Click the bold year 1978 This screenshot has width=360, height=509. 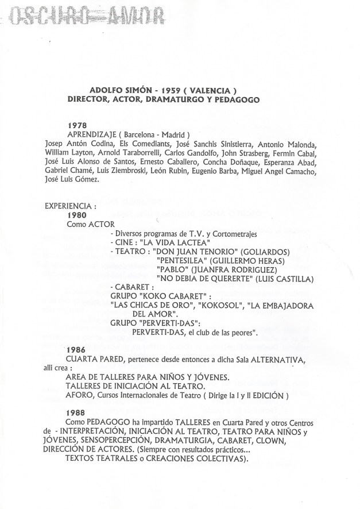(76, 125)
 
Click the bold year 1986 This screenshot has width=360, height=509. (76, 349)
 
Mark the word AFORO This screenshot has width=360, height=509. (79, 395)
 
